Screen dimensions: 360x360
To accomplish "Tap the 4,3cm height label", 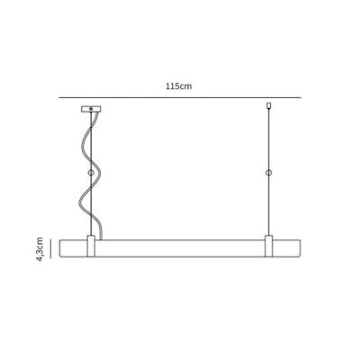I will (40, 247).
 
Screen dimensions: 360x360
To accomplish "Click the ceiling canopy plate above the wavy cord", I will (90, 110).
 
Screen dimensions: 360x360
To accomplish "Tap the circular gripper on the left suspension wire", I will (90, 172).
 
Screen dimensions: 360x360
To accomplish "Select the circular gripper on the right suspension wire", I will (268, 172).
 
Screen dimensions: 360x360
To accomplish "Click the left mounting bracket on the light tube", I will (90, 246).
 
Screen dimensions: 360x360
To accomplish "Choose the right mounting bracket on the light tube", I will (268, 246).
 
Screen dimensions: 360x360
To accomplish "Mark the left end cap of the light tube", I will (60, 247).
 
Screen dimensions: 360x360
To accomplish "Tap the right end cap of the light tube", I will (299, 247).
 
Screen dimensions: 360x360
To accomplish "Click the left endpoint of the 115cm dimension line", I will (59, 97).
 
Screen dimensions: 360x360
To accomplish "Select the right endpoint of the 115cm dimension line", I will (301, 97).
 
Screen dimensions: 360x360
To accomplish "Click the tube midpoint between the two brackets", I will (180, 247).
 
